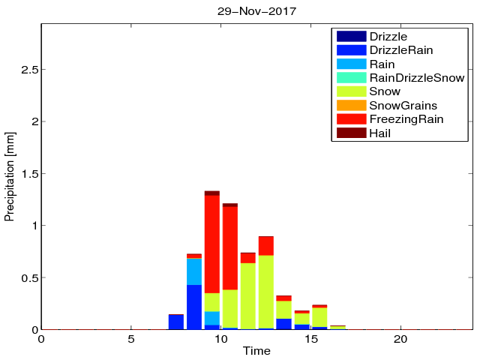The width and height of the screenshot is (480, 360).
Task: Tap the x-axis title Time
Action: pyautogui.click(x=256, y=351)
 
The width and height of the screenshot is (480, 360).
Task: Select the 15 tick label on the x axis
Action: pyautogui.click(x=311, y=338)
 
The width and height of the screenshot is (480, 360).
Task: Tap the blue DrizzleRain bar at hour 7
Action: pyautogui.click(x=176, y=322)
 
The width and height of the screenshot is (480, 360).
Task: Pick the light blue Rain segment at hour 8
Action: pyautogui.click(x=194, y=271)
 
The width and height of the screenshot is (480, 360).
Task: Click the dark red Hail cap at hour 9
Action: pyautogui.click(x=212, y=193)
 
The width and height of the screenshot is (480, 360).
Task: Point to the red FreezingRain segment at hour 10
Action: pyautogui.click(x=230, y=247)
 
